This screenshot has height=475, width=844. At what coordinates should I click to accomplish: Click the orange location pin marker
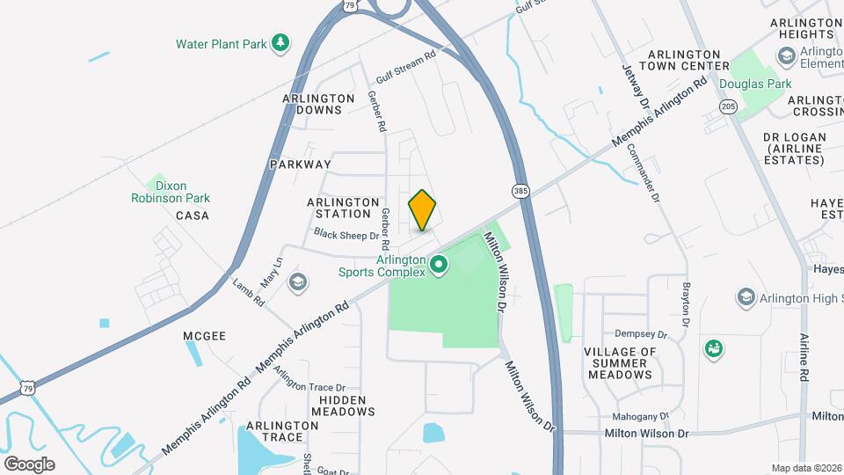click(423, 210)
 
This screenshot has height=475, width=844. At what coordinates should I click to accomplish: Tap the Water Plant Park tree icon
click(280, 43)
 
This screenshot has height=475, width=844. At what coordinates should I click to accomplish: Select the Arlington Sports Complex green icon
click(438, 264)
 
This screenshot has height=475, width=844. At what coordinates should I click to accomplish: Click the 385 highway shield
click(520, 191)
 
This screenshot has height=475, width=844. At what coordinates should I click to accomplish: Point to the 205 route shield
click(728, 106)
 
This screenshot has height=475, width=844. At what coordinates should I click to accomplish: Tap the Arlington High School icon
click(746, 297)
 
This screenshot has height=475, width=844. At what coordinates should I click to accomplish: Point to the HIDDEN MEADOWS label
click(342, 405)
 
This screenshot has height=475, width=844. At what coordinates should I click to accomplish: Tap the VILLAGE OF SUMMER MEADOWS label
click(620, 362)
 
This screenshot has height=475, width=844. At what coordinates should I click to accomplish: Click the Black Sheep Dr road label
click(346, 236)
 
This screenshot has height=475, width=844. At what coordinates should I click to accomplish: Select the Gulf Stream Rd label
click(406, 55)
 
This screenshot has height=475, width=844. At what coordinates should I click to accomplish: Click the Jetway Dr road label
click(635, 87)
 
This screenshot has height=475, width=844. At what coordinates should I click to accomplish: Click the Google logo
click(29, 464)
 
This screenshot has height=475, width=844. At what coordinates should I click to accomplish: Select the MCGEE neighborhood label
click(204, 336)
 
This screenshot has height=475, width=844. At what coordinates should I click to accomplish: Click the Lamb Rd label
click(249, 291)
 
